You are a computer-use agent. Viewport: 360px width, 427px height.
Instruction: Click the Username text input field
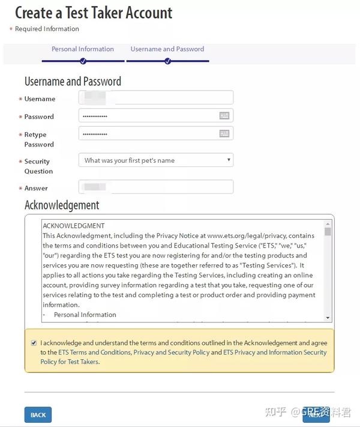pos(156,98)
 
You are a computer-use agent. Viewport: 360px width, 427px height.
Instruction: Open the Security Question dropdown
pos(156,160)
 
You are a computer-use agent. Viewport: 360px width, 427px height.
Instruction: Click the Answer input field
pos(156,187)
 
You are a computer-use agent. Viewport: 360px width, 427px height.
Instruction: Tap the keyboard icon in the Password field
pos(224,116)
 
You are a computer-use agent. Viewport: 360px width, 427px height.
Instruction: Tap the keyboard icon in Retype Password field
pos(224,134)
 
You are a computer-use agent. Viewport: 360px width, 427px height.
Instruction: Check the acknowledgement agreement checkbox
pos(34,343)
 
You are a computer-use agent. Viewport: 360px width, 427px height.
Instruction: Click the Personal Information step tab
pos(83,49)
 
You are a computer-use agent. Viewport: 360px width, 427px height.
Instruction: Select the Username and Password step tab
pos(167,49)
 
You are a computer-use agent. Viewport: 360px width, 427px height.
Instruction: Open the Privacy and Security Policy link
pos(172,353)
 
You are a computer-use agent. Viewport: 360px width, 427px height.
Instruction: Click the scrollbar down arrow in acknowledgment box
pos(328,317)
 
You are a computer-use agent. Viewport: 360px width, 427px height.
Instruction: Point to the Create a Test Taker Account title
pos(94,13)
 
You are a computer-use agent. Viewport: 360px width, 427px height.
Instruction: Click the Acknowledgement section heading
pos(62,205)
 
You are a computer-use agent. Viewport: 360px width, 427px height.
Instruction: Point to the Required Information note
pos(47,29)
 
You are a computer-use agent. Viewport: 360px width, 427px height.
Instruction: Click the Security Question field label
pos(37,166)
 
